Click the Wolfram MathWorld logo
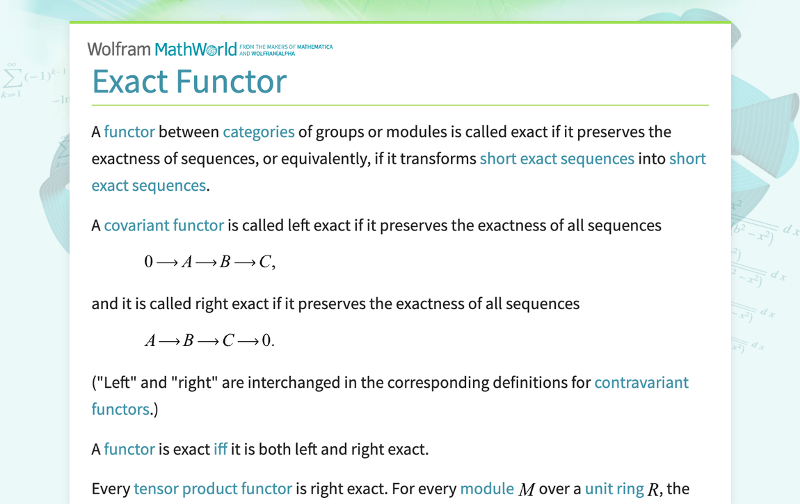tap(161, 49)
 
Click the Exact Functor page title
tap(189, 81)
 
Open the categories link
tap(258, 132)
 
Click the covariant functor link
tap(163, 225)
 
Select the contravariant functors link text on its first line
tap(641, 382)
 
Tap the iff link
tap(220, 449)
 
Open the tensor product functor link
tap(212, 489)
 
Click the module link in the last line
tap(486, 489)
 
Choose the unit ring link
tap(614, 489)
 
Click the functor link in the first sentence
tap(129, 132)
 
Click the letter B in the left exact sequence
tap(225, 262)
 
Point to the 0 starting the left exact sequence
tap(148, 262)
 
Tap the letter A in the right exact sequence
tap(150, 341)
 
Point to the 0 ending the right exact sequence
tap(266, 341)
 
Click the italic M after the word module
tap(527, 490)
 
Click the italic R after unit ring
tap(653, 490)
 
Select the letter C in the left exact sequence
tap(264, 262)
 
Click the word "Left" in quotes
tap(116, 382)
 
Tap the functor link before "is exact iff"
tap(129, 449)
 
